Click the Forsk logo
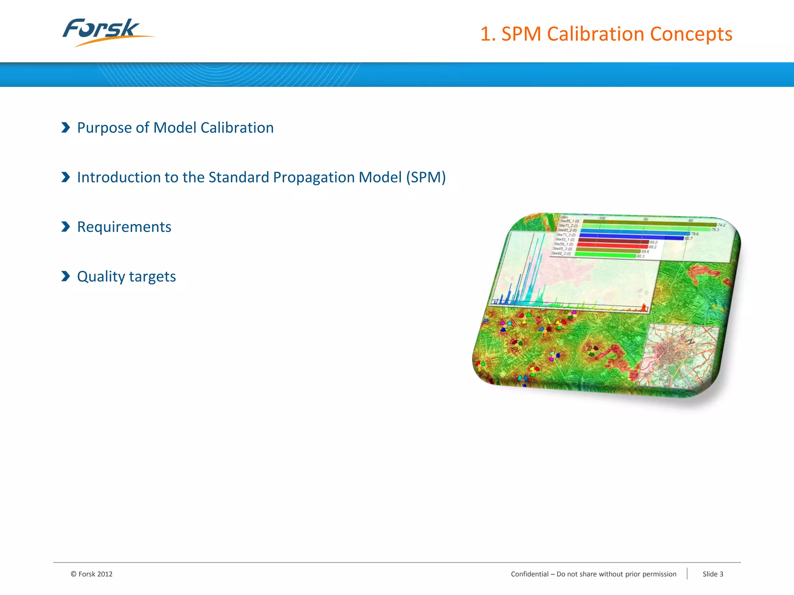[105, 32]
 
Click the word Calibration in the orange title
[595, 34]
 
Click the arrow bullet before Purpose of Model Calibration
[66, 127]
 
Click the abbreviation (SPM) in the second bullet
[426, 177]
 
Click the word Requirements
[124, 227]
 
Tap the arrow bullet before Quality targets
[66, 276]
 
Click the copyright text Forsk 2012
[92, 574]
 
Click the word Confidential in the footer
[530, 574]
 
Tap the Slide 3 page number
[713, 574]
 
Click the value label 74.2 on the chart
[721, 225]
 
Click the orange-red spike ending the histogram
[644, 308]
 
